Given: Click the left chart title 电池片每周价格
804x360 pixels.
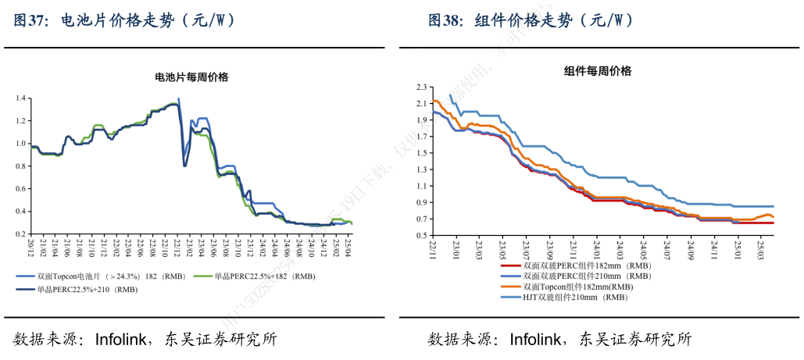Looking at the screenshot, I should tap(191, 77).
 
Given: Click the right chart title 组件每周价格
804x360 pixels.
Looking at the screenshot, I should tap(598, 71).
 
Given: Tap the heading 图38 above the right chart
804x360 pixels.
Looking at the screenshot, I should tap(445, 21).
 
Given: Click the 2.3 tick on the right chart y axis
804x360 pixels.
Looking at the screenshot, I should tap(421, 87).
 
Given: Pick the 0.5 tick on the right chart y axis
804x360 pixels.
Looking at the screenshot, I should tap(421, 235).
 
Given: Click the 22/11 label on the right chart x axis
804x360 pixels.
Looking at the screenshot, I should tap(432, 249).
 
